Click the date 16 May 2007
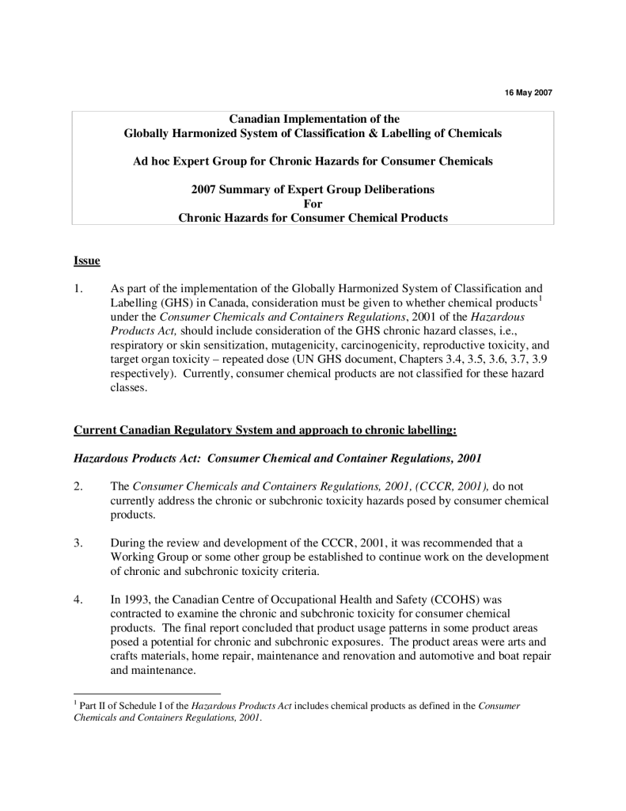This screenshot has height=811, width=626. click(528, 93)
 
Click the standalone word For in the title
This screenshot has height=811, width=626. click(313, 204)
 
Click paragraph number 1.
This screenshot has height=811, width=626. click(78, 289)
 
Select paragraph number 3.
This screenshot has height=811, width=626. click(78, 544)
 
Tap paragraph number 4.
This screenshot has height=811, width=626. click(78, 600)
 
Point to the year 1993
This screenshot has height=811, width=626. click(135, 600)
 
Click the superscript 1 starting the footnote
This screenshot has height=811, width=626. click(74, 702)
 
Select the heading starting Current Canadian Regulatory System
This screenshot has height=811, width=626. click(265, 430)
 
